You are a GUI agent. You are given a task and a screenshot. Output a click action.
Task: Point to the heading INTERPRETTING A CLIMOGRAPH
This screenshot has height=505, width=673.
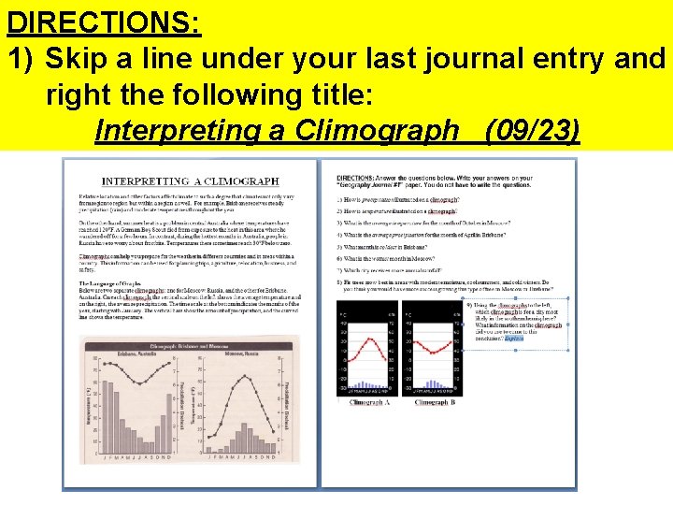pos(191,180)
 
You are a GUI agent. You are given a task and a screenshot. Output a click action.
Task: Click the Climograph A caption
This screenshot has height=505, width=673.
pos(368,402)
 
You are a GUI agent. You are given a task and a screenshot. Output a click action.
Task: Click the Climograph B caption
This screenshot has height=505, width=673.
pos(435,402)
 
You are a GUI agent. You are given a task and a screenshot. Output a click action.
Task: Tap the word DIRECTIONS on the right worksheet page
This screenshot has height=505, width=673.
pos(356,178)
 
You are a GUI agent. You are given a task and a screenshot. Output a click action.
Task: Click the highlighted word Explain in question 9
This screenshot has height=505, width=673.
pos(515,339)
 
